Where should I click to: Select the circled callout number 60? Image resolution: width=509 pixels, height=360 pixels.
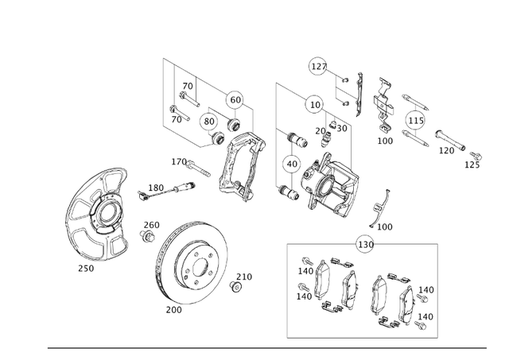(x=235, y=99)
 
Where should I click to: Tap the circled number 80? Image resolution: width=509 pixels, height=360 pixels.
(x=209, y=122)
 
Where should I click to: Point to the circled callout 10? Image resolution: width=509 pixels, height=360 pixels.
(x=315, y=104)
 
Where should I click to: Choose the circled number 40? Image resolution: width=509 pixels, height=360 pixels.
(x=292, y=165)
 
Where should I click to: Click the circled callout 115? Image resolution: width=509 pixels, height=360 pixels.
(x=415, y=121)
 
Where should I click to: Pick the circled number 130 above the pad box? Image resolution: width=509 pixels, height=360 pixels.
(x=365, y=244)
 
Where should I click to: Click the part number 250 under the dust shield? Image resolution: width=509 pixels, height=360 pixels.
(x=85, y=268)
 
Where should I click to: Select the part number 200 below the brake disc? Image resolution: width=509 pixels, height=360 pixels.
(x=173, y=310)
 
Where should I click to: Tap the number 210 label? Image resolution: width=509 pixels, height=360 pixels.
(x=243, y=277)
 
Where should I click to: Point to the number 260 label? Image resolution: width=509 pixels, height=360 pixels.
(x=151, y=225)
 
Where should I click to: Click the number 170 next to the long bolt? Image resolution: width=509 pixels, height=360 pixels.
(x=179, y=161)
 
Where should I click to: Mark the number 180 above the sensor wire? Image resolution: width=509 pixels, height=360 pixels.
(x=156, y=188)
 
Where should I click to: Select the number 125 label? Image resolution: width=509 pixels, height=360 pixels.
(x=472, y=165)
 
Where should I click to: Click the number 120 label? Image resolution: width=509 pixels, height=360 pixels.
(x=447, y=150)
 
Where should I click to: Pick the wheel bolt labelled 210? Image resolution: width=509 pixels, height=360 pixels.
(x=235, y=286)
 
